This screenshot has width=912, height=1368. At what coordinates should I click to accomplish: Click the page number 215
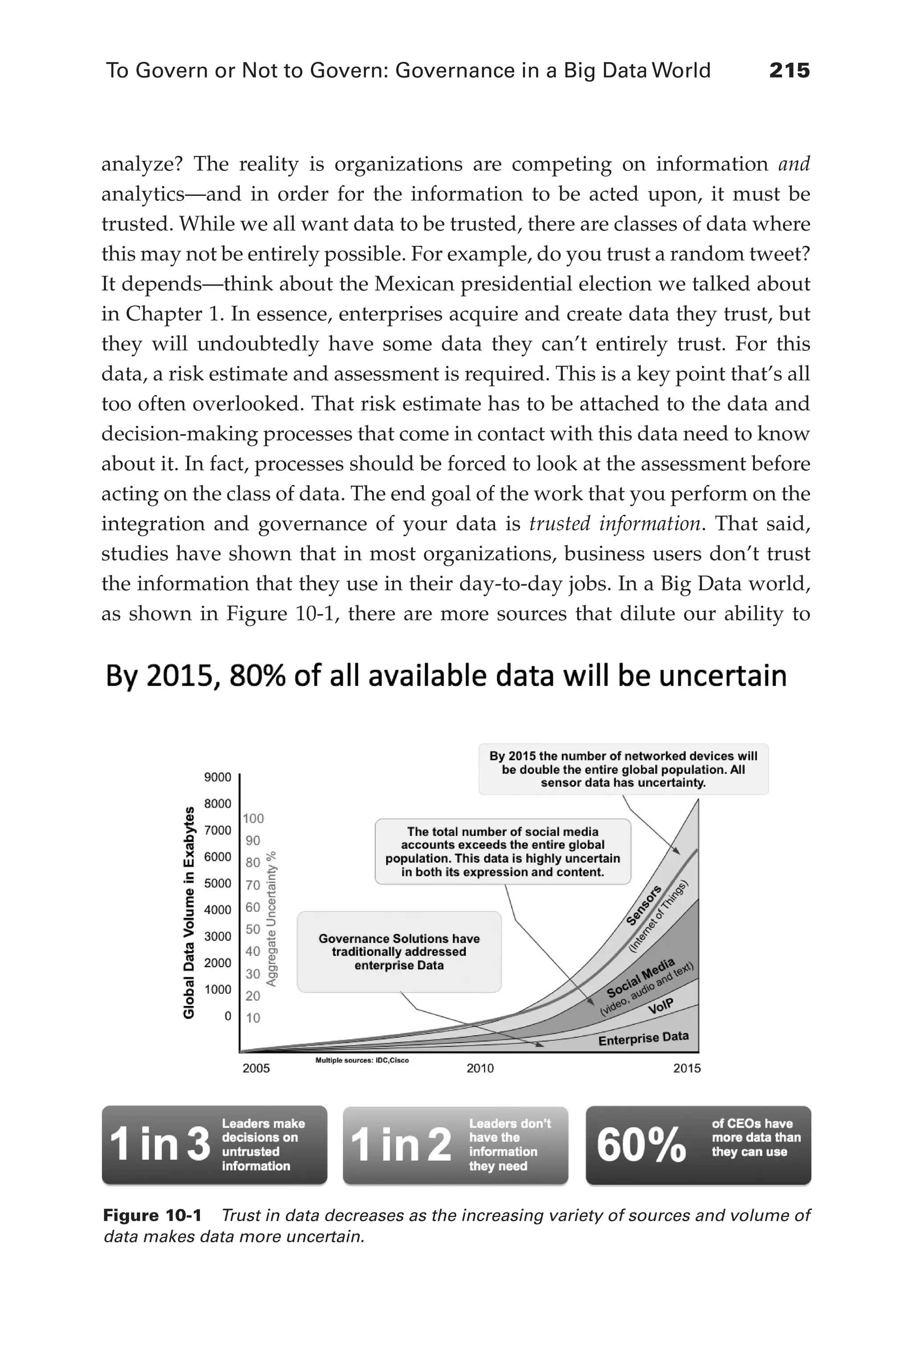(789, 71)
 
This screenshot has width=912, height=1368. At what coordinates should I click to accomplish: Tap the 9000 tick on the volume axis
(217, 777)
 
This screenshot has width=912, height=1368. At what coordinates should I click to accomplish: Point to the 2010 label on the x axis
(480, 1068)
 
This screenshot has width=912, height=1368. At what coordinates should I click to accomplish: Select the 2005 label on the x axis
(256, 1068)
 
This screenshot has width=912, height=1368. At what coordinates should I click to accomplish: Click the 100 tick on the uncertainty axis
(253, 818)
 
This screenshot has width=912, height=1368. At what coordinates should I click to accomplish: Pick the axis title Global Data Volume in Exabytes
(188, 912)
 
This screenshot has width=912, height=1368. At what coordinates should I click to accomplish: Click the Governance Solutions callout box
(399, 952)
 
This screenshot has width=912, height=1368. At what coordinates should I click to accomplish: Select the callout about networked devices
(623, 769)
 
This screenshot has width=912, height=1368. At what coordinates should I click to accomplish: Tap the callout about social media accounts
(502, 851)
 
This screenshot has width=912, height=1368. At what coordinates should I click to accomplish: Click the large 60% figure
(641, 1144)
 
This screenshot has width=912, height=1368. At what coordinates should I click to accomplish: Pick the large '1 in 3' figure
(159, 1144)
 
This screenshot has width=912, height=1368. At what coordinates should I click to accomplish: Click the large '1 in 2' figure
(400, 1144)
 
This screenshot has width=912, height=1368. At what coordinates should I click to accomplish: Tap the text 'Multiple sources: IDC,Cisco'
(362, 1060)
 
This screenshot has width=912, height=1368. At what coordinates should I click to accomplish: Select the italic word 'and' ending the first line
(794, 165)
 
